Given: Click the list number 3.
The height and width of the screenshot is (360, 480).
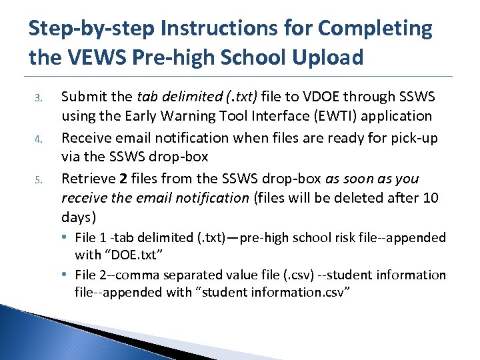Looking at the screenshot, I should (x=39, y=98).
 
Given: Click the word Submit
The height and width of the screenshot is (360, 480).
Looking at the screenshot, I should (x=84, y=97).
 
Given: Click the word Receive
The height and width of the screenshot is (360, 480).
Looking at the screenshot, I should (x=87, y=138).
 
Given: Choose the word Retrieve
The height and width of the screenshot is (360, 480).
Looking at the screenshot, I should (x=87, y=179).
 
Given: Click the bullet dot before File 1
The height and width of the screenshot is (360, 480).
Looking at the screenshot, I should (x=69, y=238).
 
